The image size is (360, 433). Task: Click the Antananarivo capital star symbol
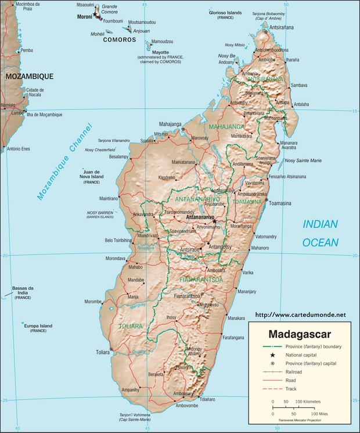[x=214, y=221]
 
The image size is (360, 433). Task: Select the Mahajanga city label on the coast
[x=170, y=124]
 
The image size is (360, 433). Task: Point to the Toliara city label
[x=102, y=352]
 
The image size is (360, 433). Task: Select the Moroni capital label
[x=85, y=17]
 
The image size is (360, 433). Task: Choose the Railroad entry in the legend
[x=293, y=371]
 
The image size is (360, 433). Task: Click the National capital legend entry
[x=302, y=355]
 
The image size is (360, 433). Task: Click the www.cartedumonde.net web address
[x=300, y=314]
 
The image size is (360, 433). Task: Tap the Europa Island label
[x=38, y=327]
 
